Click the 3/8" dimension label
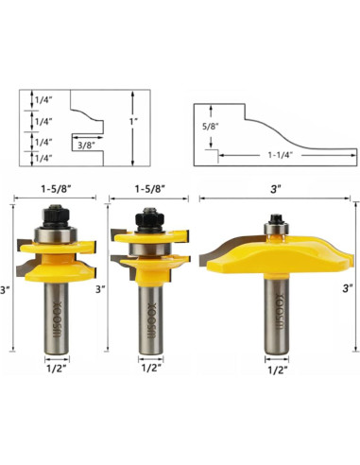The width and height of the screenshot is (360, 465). tap(85, 145)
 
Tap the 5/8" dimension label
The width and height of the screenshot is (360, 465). tap(211, 127)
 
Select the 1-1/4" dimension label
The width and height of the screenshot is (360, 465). tap(281, 155)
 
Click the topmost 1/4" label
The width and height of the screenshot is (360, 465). tap(43, 100)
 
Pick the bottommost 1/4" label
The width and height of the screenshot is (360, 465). tap(43, 158)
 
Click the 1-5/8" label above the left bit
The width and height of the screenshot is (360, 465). tap(56, 189)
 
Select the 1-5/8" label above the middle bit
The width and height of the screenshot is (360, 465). tap(150, 189)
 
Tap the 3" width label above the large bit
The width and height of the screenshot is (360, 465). tap(275, 189)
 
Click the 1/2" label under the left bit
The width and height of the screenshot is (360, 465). tap(58, 369)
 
